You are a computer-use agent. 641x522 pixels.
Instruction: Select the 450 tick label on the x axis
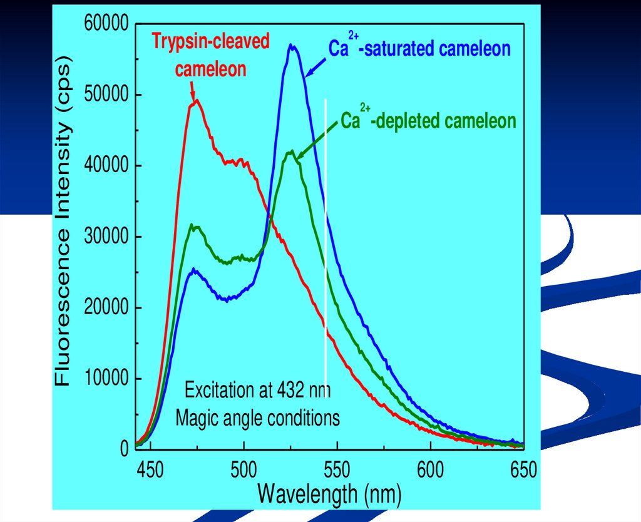(x=149, y=469)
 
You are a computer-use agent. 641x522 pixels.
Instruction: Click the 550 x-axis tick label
(x=337, y=469)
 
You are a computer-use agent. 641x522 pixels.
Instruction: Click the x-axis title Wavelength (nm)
(x=329, y=494)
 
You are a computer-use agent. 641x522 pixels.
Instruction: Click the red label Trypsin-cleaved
(x=211, y=42)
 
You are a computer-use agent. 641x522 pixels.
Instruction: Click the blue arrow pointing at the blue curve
(x=317, y=66)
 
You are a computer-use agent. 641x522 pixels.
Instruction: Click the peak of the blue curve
(x=291, y=45)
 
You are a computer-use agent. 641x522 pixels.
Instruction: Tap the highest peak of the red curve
(x=197, y=100)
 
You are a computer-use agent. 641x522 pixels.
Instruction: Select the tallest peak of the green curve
(x=290, y=151)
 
